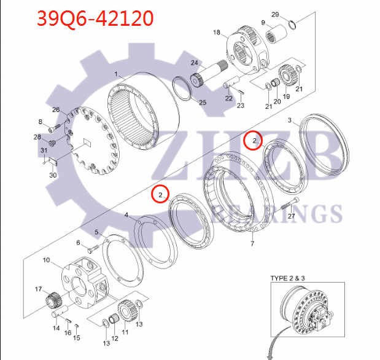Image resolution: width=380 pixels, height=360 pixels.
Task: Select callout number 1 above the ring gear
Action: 116,74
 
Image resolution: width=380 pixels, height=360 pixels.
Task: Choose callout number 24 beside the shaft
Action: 194,63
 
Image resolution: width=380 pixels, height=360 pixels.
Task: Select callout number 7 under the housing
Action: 252,244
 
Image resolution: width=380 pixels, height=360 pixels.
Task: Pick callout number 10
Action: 46,260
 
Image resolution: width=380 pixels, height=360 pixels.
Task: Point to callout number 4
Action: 126,216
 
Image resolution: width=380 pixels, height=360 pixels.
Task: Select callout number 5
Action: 96,232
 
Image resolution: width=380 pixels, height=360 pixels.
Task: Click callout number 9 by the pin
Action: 263,23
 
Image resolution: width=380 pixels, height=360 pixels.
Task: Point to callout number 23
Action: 240,106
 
